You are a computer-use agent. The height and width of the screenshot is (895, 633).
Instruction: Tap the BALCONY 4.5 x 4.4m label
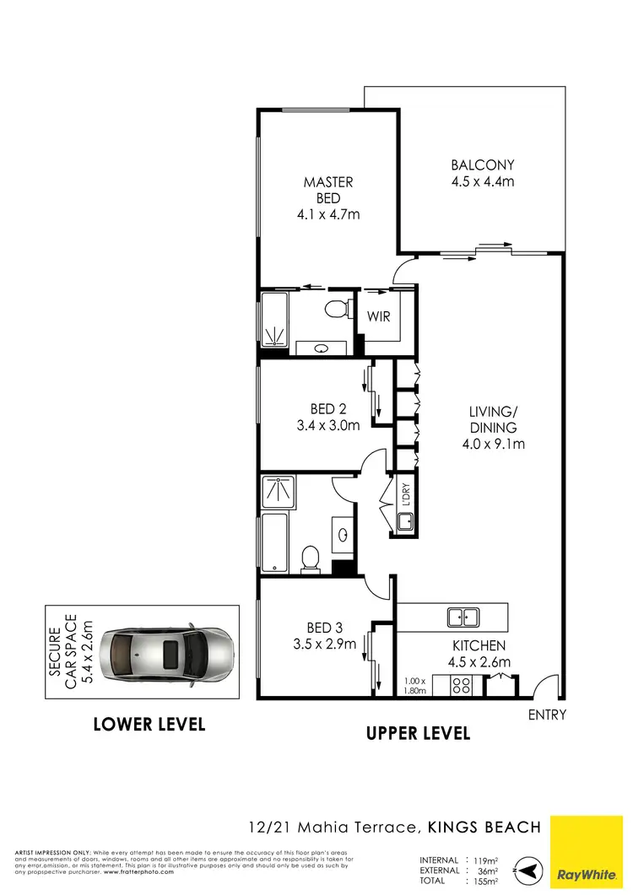(482, 173)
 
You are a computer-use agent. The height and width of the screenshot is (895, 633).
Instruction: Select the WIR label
(376, 319)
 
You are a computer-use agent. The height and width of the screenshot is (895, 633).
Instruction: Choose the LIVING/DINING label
(493, 428)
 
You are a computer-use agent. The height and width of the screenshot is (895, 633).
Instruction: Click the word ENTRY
(547, 715)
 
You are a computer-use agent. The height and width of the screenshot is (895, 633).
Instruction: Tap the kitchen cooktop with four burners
(462, 685)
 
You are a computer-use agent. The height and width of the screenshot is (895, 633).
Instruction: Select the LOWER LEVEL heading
(149, 724)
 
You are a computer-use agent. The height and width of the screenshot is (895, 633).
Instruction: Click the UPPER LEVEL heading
(418, 733)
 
